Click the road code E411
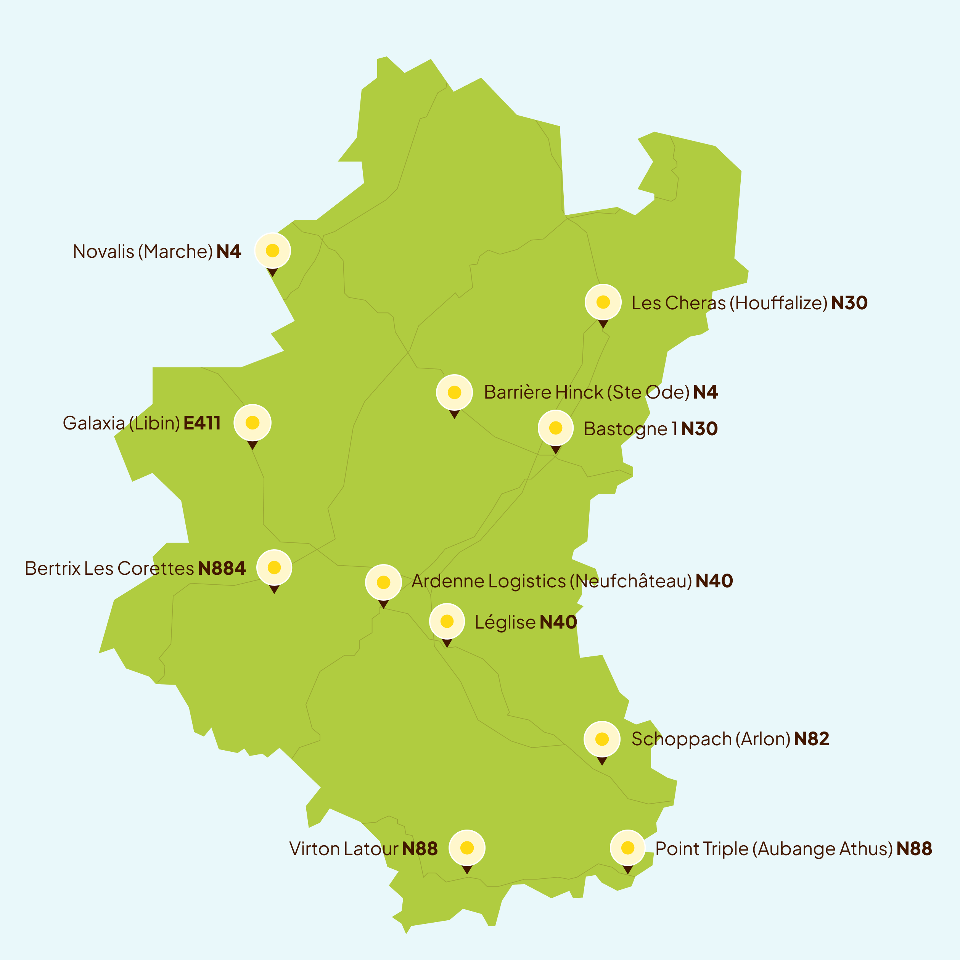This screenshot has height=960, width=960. tap(202, 423)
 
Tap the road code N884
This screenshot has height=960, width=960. tap(222, 568)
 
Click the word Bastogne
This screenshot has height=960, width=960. tap(625, 429)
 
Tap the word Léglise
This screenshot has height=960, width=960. tap(505, 622)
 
